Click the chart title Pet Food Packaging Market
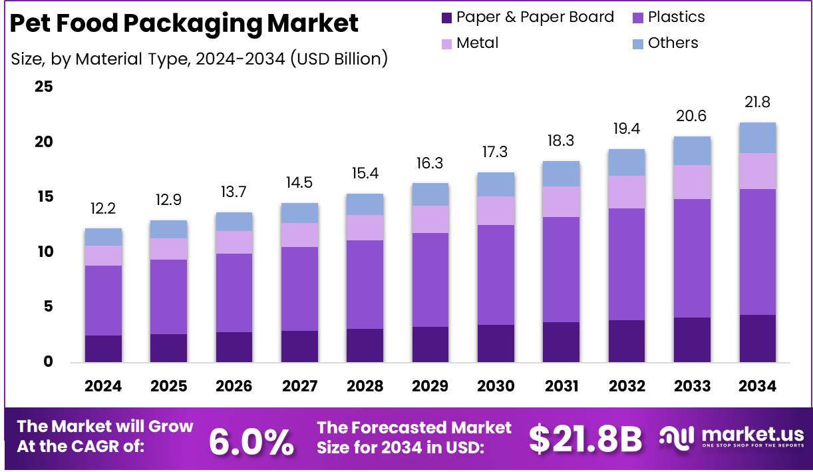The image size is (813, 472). pos(184,24)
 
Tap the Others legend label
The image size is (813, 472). pos(673,43)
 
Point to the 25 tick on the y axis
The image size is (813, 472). pos(45,87)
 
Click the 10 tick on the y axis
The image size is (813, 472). pos(45,252)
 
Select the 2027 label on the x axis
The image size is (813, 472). pos(299,386)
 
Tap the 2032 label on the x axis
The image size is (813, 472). pos(627,386)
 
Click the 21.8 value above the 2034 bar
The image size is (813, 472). pos(757,103)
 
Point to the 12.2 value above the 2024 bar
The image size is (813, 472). pos(103,209)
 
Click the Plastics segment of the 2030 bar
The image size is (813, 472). pos(496,274)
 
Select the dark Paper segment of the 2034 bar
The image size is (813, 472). pos(757,338)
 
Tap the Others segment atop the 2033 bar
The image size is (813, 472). pos(692,150)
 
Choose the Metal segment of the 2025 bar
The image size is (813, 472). pos(168,248)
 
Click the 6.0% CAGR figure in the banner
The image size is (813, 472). pos(251,441)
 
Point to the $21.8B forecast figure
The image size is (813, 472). pos(585,439)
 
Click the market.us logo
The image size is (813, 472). pos(732,437)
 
